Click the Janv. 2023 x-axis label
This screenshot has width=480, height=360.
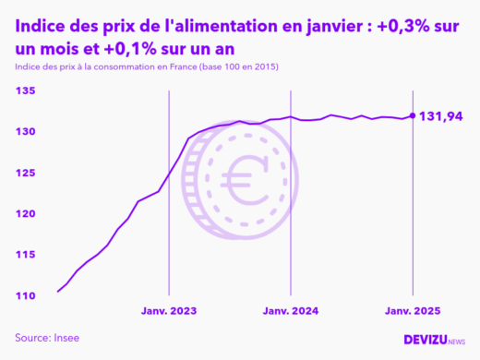pos(169,311)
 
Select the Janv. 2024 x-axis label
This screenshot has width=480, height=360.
pos(291,311)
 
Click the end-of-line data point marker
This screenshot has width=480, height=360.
pos(412,115)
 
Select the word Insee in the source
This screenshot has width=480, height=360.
pos(65,338)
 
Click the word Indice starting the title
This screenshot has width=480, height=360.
pos(43,28)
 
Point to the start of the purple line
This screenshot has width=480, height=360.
pos(58,292)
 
